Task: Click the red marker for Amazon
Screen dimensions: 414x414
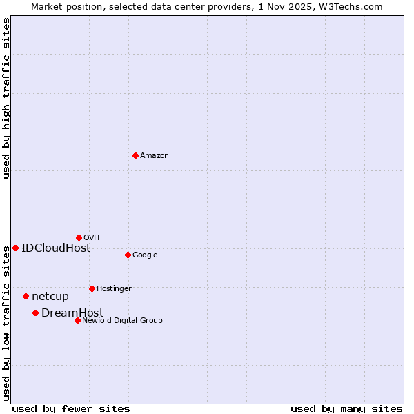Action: click(x=135, y=155)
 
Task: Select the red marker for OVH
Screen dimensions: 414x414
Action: click(x=79, y=237)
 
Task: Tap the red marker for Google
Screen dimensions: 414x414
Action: click(x=128, y=255)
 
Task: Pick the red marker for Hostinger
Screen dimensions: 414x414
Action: click(x=92, y=288)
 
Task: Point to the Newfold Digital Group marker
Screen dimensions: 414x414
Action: click(x=77, y=320)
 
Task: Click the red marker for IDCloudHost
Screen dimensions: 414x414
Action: click(x=15, y=248)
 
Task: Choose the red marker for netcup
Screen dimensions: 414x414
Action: click(x=26, y=296)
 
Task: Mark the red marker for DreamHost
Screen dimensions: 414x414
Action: click(x=35, y=313)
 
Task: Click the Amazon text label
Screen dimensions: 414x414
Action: click(x=155, y=156)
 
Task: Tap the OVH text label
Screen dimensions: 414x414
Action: click(x=92, y=238)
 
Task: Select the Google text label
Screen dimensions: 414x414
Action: click(x=145, y=255)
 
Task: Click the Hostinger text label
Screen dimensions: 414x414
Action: click(x=114, y=289)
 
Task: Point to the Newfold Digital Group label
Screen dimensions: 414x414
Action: click(x=122, y=321)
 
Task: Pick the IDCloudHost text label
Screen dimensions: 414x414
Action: click(x=56, y=248)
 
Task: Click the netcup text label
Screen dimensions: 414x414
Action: click(x=50, y=297)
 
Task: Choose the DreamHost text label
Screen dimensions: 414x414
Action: click(x=72, y=313)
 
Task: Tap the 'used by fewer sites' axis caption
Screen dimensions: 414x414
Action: click(x=71, y=408)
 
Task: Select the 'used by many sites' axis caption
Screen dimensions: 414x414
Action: click(x=346, y=408)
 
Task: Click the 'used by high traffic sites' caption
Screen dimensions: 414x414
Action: click(x=6, y=98)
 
